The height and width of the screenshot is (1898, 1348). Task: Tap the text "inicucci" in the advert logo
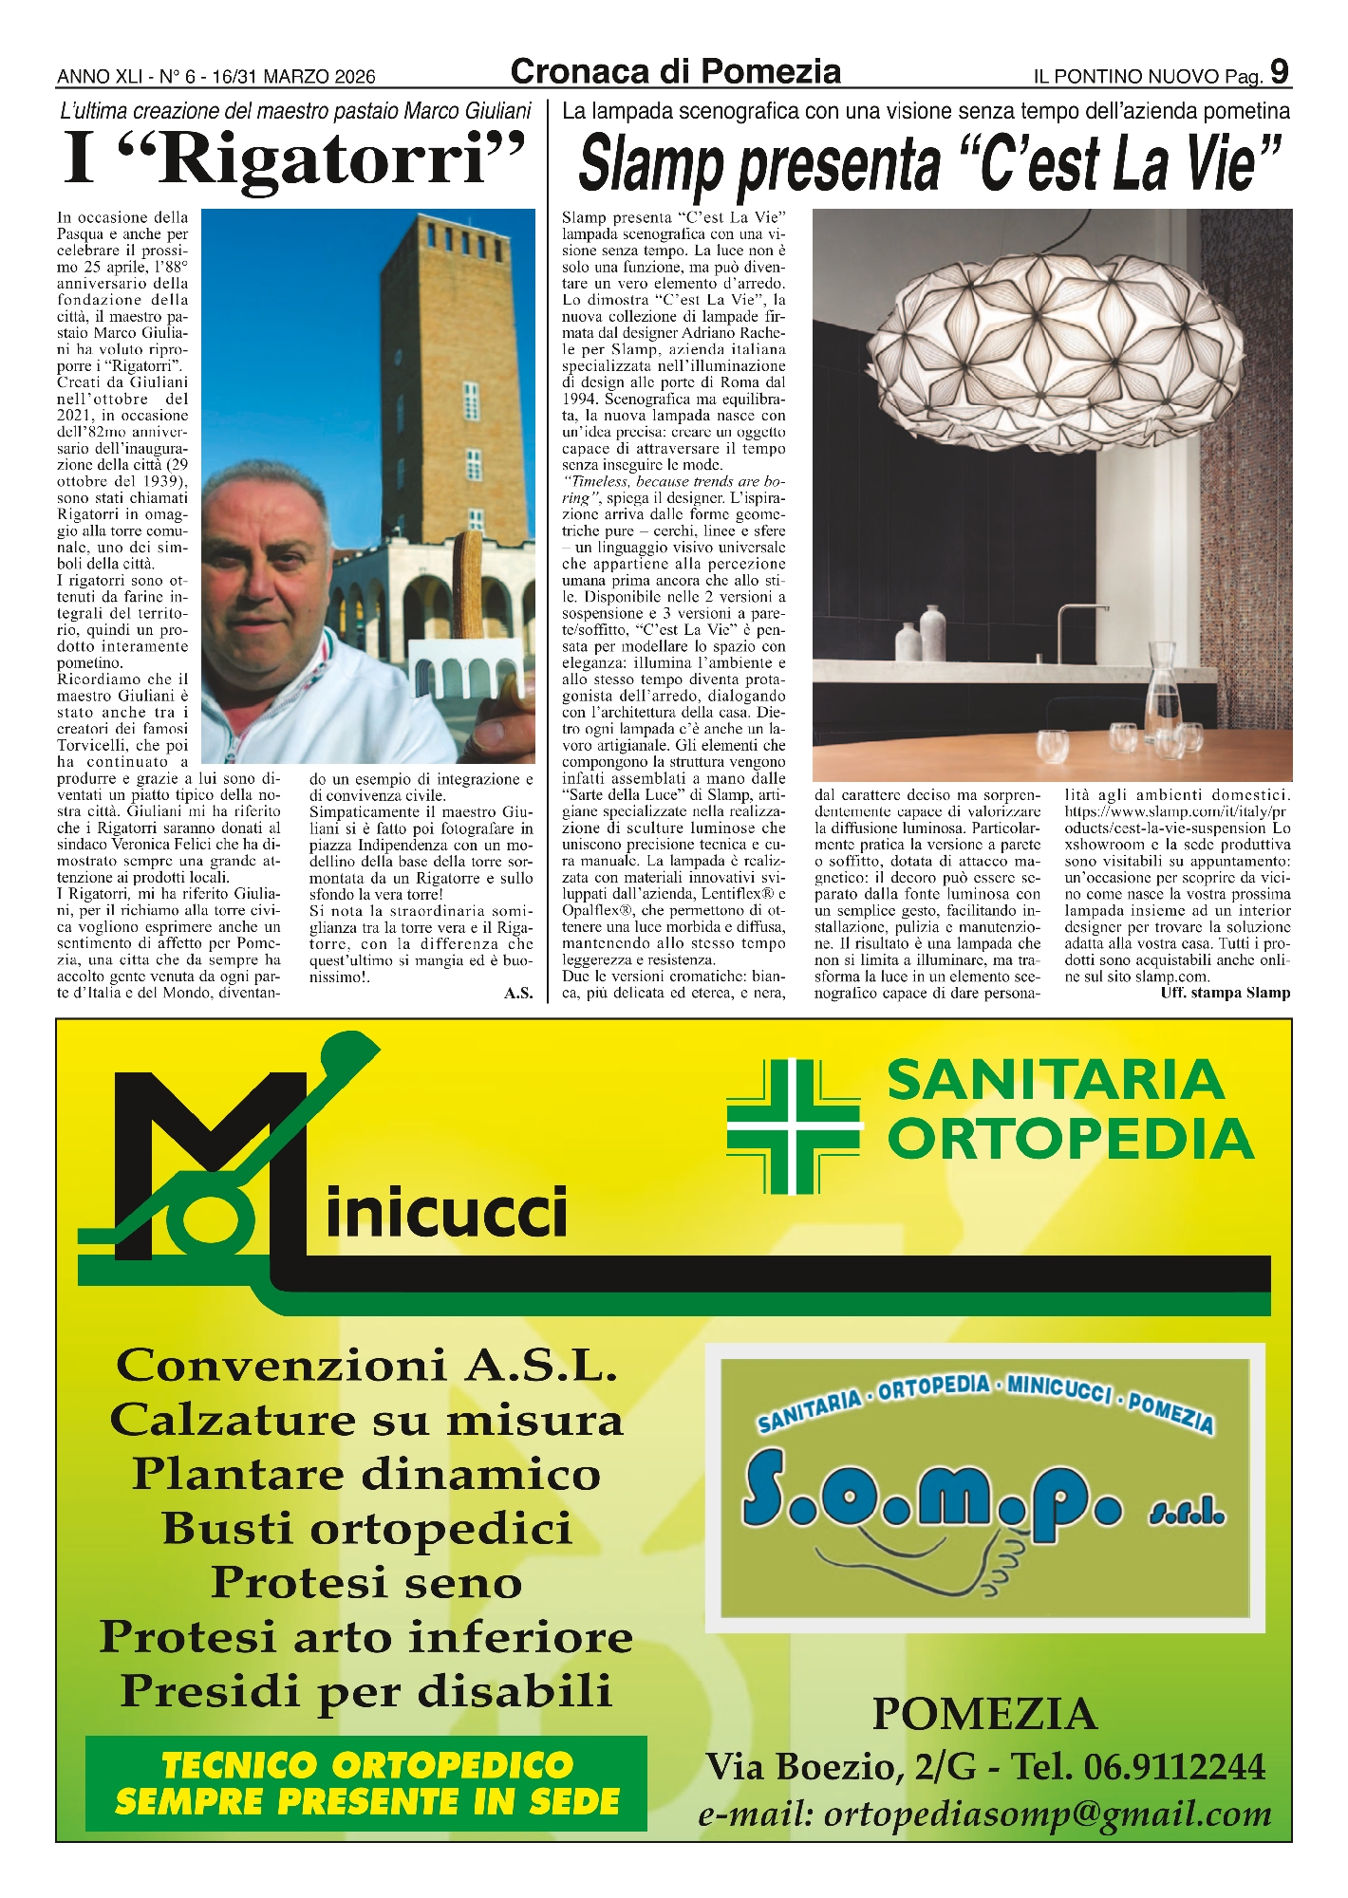(x=446, y=1214)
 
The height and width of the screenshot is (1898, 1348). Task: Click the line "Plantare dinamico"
(x=366, y=1474)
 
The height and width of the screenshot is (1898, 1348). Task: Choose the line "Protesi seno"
(x=366, y=1582)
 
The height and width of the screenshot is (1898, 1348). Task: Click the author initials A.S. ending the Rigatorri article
(x=518, y=994)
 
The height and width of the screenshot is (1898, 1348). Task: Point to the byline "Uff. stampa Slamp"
(x=1225, y=993)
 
